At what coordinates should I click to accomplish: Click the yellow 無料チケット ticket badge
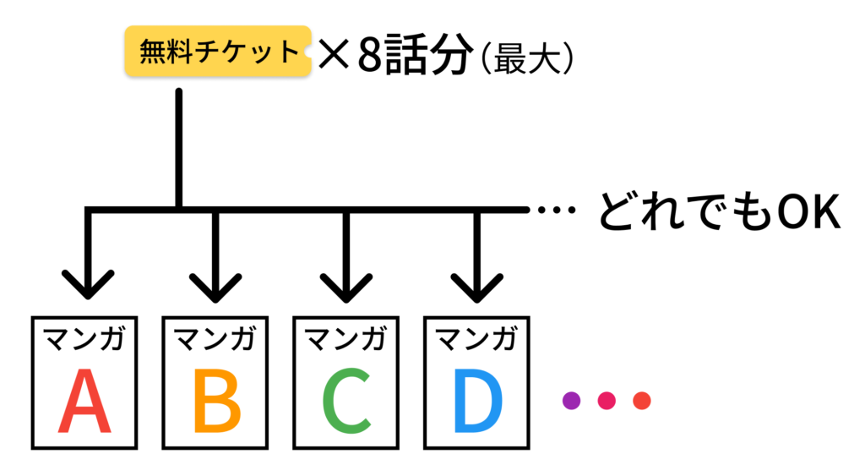pyautogui.click(x=217, y=52)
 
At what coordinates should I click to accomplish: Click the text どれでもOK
pyautogui.click(x=718, y=212)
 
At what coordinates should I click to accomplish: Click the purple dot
pyautogui.click(x=572, y=400)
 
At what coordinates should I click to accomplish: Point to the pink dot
pyautogui.click(x=607, y=400)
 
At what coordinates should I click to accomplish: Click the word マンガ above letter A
pyautogui.click(x=84, y=340)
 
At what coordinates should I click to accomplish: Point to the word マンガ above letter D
pyautogui.click(x=477, y=340)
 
